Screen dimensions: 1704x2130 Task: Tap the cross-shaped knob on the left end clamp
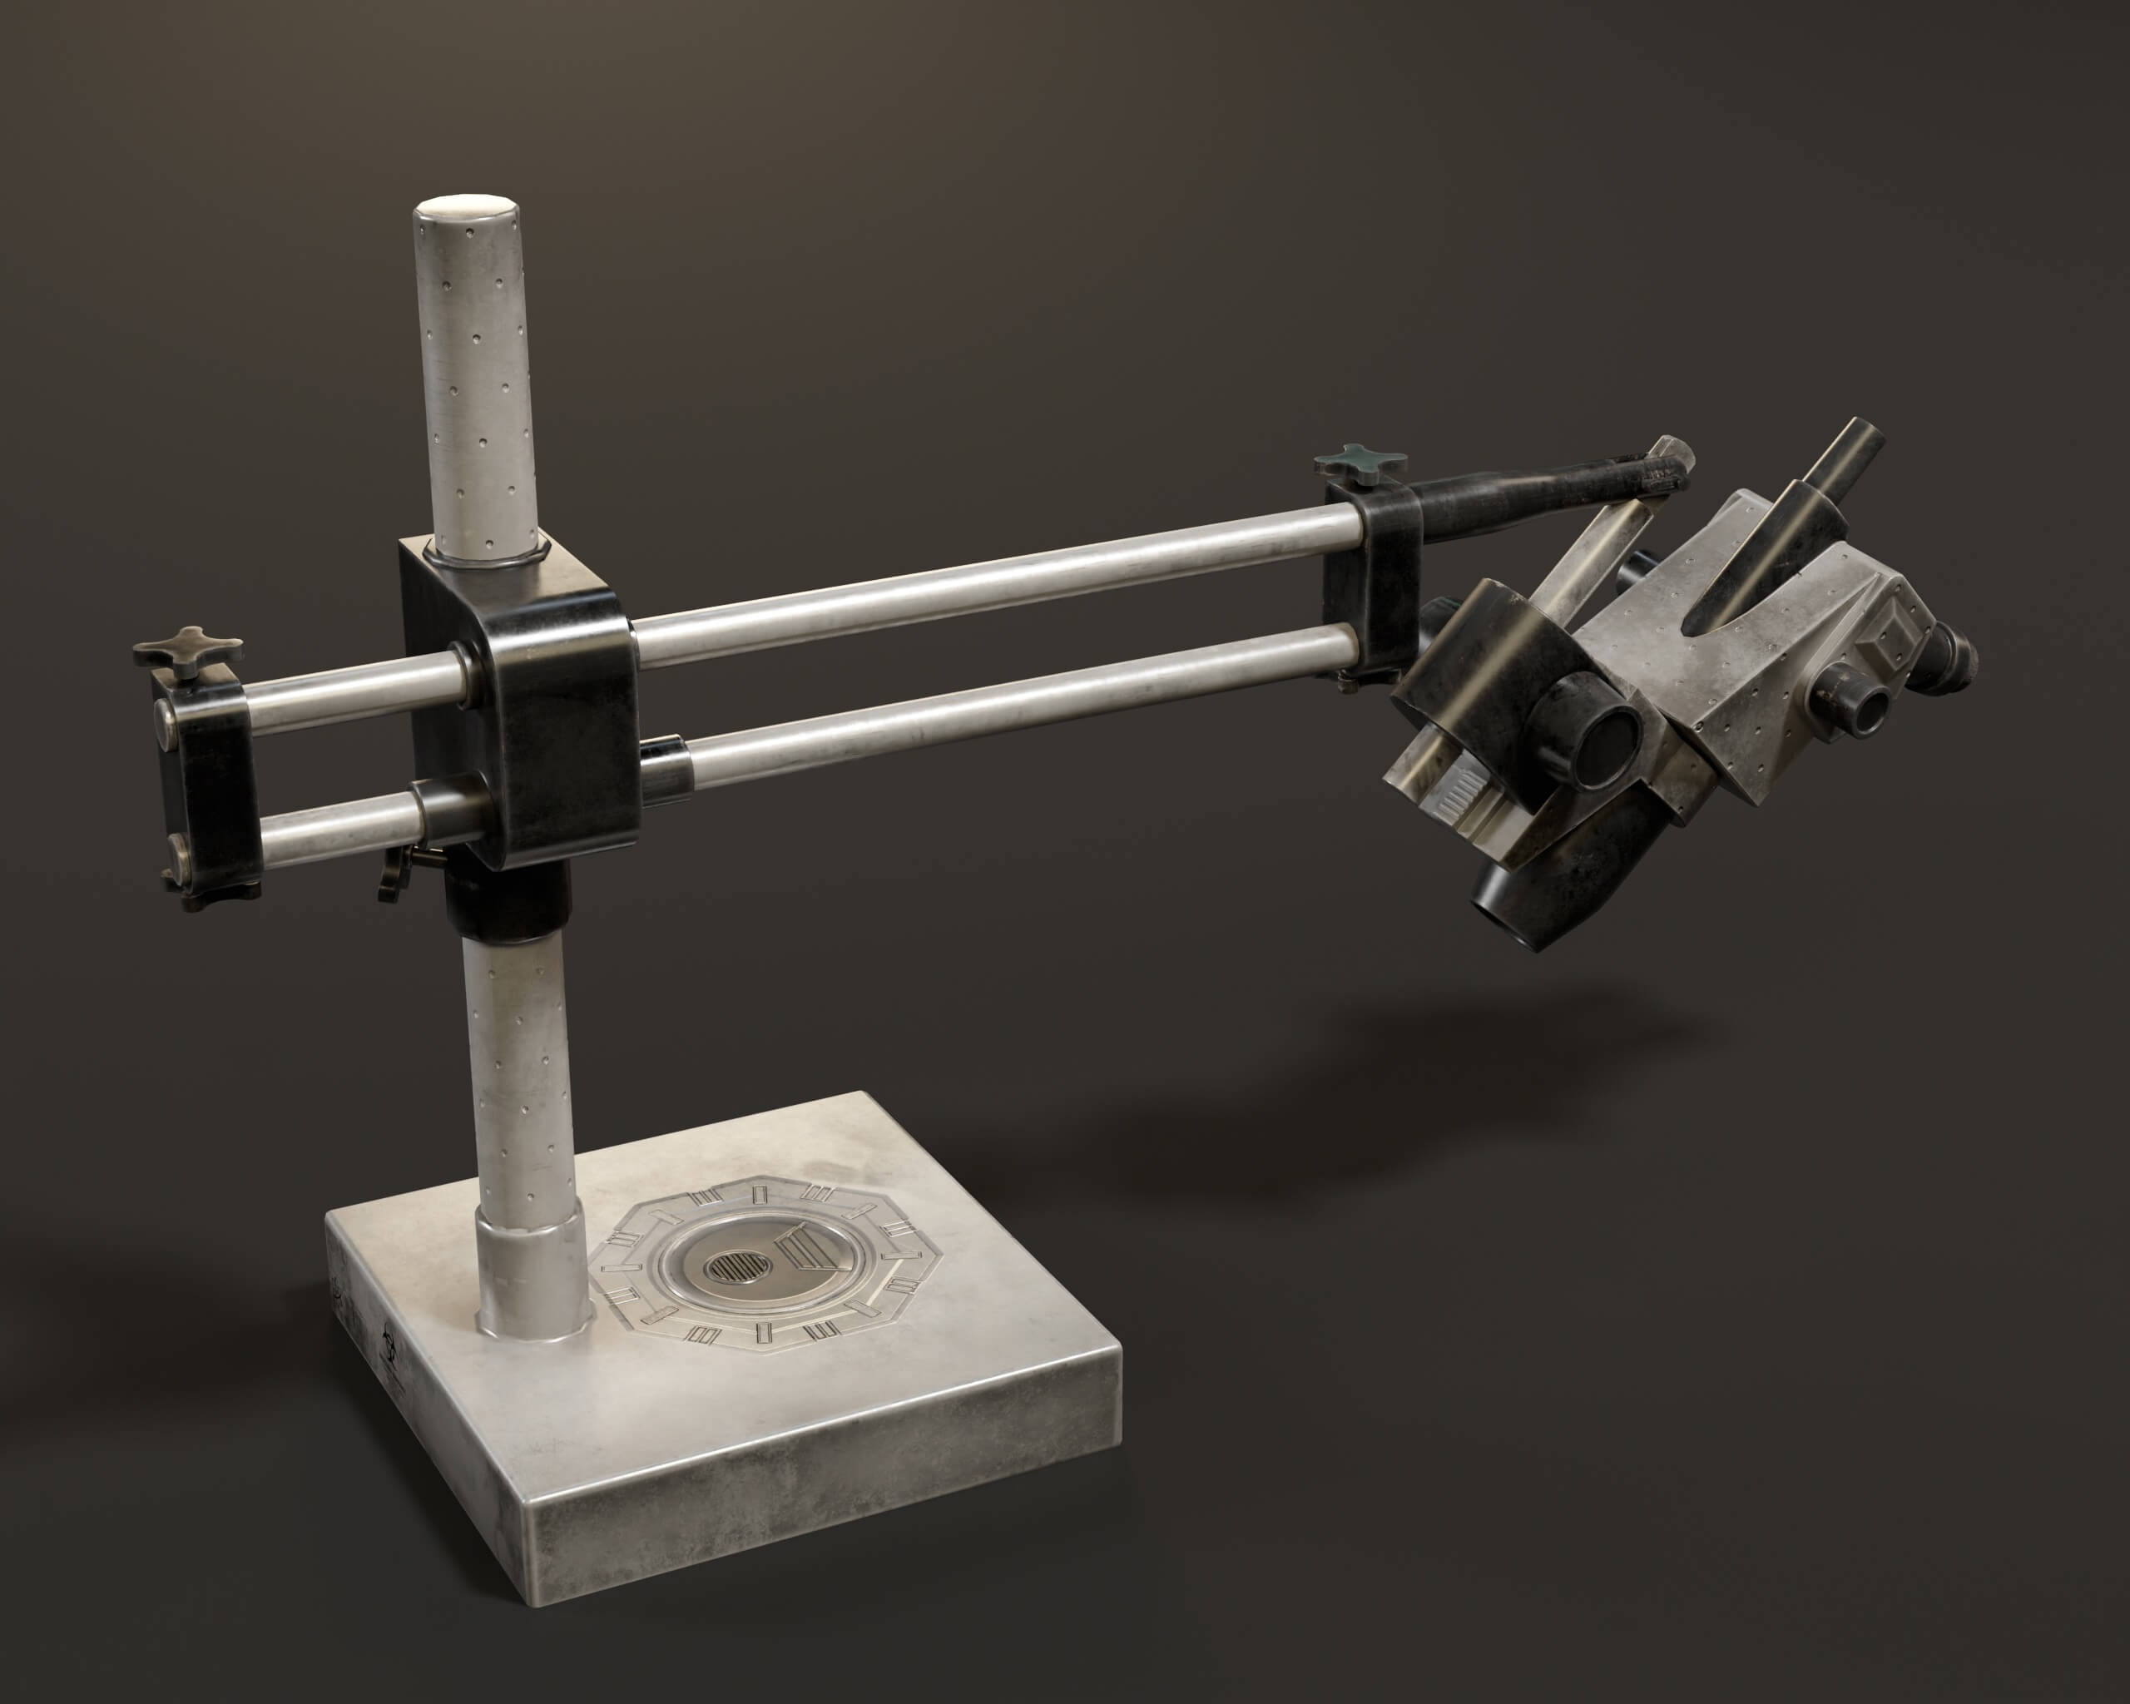(188, 649)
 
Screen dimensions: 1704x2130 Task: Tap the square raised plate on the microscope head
(1892, 644)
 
